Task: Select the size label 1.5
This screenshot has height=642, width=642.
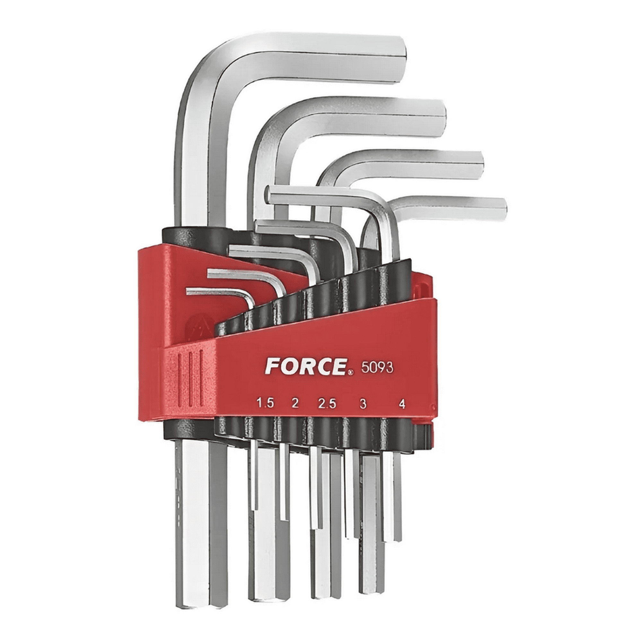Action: (265, 403)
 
